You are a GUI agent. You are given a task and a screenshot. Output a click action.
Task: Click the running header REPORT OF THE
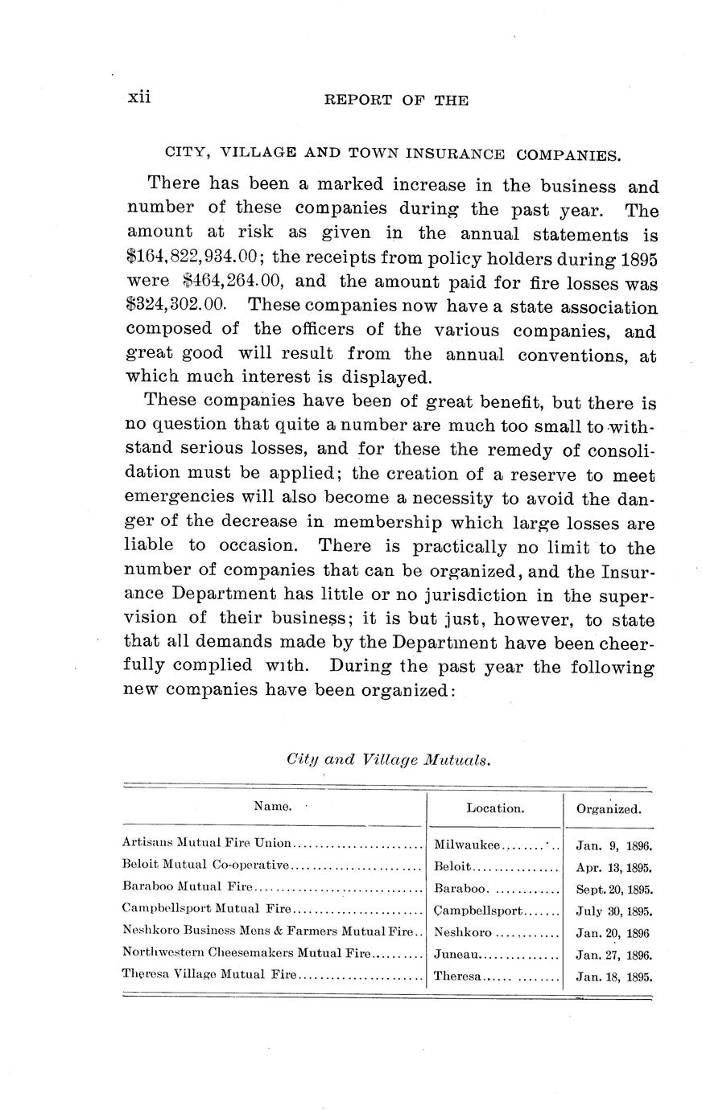coord(394,101)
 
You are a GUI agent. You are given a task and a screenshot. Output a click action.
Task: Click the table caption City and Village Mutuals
coord(388,759)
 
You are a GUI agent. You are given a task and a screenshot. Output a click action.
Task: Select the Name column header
coord(273,807)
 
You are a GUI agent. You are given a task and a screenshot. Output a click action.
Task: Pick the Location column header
coord(495,808)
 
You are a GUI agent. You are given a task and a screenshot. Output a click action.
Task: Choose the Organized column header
coord(609,808)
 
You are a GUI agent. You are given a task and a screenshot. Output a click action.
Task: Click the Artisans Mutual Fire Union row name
coord(206,844)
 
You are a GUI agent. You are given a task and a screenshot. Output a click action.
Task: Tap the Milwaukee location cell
coord(467,845)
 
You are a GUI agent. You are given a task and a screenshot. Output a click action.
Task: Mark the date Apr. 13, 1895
coord(613,868)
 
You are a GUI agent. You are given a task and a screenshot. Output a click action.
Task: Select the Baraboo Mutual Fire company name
coord(187,887)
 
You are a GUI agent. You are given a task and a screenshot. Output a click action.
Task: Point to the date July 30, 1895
coord(613,912)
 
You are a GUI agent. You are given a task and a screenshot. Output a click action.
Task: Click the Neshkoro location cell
coord(462,934)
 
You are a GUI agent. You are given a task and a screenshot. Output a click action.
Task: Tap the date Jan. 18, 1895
coord(613,978)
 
